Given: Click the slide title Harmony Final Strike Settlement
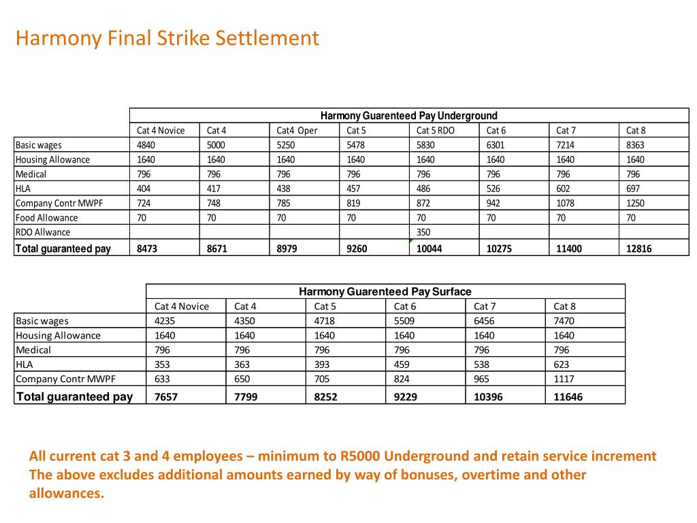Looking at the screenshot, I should click(x=167, y=37).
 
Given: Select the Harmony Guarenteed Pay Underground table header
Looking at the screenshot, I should click(x=409, y=116).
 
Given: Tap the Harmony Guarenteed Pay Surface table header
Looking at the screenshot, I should click(x=385, y=291).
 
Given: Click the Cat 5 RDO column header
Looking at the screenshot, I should click(x=436, y=130).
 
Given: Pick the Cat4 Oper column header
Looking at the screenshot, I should click(x=297, y=130).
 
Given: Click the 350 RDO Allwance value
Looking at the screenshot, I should click(x=423, y=232).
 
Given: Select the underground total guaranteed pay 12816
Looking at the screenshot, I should click(x=638, y=249).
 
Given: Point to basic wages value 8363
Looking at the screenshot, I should click(x=635, y=145).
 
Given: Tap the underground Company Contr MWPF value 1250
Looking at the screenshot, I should click(x=635, y=203).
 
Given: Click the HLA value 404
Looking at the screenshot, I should click(x=144, y=189).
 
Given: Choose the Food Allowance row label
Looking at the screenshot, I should click(x=47, y=218).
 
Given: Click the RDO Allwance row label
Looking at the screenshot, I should click(x=43, y=232).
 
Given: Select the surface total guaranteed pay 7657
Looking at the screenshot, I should click(x=166, y=396).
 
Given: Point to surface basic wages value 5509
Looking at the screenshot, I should click(x=405, y=321).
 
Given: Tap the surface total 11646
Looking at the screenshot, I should click(x=568, y=396).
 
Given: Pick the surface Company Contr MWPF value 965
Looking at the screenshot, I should click(x=481, y=379).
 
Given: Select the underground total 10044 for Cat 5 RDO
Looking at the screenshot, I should click(x=429, y=249).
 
